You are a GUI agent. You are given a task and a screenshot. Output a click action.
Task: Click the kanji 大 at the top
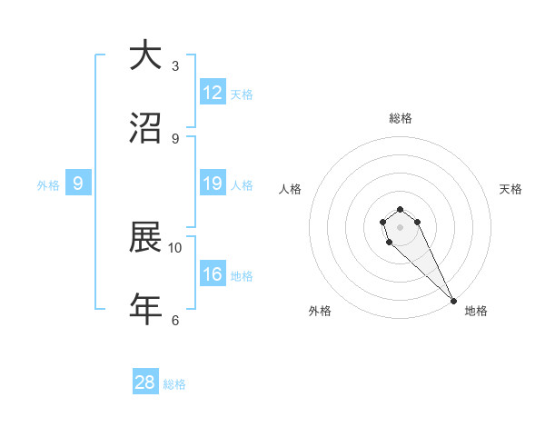point(145,56)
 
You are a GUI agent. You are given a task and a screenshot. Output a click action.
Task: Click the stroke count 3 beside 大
point(175,66)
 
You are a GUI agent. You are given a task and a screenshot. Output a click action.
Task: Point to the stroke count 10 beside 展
point(175,247)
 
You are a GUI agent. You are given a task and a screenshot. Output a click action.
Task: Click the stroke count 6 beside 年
point(175,320)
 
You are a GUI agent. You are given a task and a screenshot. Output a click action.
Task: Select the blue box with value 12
point(213,93)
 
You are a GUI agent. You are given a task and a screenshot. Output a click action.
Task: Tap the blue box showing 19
point(213,184)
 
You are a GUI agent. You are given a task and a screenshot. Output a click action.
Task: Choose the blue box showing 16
point(213,274)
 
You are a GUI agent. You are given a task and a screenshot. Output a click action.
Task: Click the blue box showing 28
point(145,382)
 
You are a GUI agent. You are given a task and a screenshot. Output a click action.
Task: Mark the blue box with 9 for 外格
point(78,184)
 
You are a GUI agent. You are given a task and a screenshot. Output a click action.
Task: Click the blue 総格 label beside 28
point(174,384)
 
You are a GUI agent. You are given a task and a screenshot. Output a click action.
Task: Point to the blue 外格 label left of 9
point(48,185)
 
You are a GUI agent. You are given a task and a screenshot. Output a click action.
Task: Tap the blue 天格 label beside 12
point(242,94)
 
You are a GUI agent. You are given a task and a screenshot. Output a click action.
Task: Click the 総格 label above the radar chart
point(400,118)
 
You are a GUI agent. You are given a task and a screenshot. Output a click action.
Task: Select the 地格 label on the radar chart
point(476,311)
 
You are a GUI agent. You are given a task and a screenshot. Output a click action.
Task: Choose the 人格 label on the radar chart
point(291,189)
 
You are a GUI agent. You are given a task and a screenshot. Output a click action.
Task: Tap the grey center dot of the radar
point(400,227)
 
